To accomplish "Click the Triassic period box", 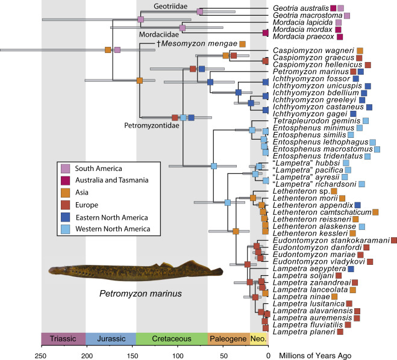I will (x=63, y=338).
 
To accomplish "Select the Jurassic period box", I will (x=110, y=338).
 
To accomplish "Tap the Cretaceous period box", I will (x=172, y=338).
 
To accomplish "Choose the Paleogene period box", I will (x=228, y=338).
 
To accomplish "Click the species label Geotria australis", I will (x=299, y=8).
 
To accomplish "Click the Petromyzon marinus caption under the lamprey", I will (x=142, y=293).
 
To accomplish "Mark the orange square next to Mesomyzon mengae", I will (x=242, y=43).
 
